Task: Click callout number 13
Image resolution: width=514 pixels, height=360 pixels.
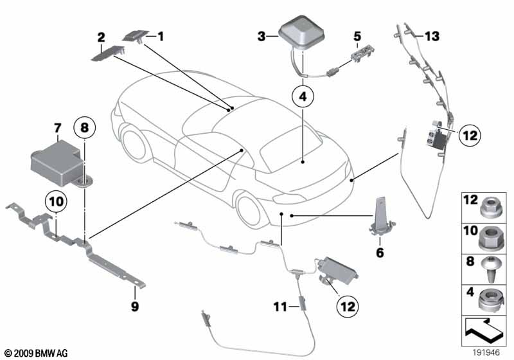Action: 432,37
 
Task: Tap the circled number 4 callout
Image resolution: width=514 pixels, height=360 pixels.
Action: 303,97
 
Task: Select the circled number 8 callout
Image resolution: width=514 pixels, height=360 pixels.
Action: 84,129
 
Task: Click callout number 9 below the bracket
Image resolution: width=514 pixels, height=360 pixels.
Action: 135,307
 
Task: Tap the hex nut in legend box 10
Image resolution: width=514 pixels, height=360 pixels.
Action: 490,239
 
